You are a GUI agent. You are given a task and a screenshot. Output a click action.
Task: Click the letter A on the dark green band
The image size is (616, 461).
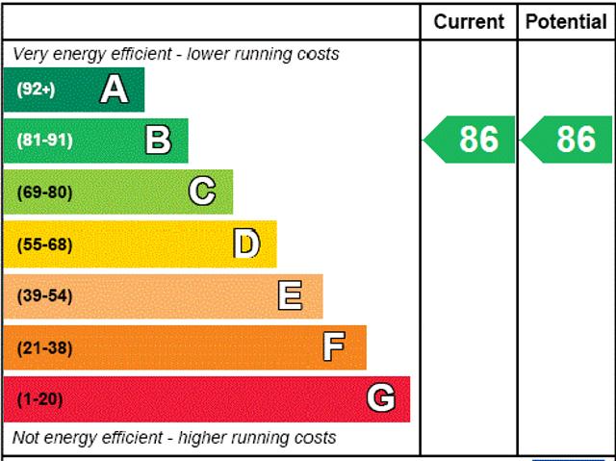[114, 90]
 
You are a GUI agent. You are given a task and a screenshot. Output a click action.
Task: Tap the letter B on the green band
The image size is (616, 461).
[158, 141]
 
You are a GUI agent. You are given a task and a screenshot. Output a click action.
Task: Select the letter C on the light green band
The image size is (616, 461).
[202, 192]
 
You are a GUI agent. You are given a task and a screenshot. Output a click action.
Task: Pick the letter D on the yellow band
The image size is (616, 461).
[246, 243]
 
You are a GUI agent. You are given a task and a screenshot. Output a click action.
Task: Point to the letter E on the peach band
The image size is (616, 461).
[290, 295]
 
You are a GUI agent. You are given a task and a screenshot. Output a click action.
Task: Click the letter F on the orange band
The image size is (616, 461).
[334, 347]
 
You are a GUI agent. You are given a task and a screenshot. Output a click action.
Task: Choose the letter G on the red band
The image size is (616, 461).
[381, 398]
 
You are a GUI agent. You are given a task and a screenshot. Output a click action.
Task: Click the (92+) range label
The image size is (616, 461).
[36, 90]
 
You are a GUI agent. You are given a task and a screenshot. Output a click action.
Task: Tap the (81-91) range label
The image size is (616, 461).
[44, 141]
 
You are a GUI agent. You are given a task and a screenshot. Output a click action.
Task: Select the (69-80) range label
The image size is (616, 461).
[44, 192]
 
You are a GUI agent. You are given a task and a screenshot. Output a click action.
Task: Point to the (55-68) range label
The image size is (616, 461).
[44, 243]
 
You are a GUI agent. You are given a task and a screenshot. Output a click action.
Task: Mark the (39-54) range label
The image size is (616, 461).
[44, 295]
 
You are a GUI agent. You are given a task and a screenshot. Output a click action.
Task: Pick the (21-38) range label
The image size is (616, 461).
[44, 347]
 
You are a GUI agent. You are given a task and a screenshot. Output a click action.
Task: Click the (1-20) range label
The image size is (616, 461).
[39, 398]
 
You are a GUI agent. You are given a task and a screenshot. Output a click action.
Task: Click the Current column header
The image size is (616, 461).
[469, 21]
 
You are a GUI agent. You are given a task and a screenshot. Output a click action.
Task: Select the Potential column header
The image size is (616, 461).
[566, 21]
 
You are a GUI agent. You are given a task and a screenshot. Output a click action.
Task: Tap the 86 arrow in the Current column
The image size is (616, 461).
[471, 140]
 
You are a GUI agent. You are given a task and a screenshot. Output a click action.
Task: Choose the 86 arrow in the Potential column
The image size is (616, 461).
[568, 140]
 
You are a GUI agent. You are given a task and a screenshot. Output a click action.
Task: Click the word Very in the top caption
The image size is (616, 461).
[30, 54]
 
